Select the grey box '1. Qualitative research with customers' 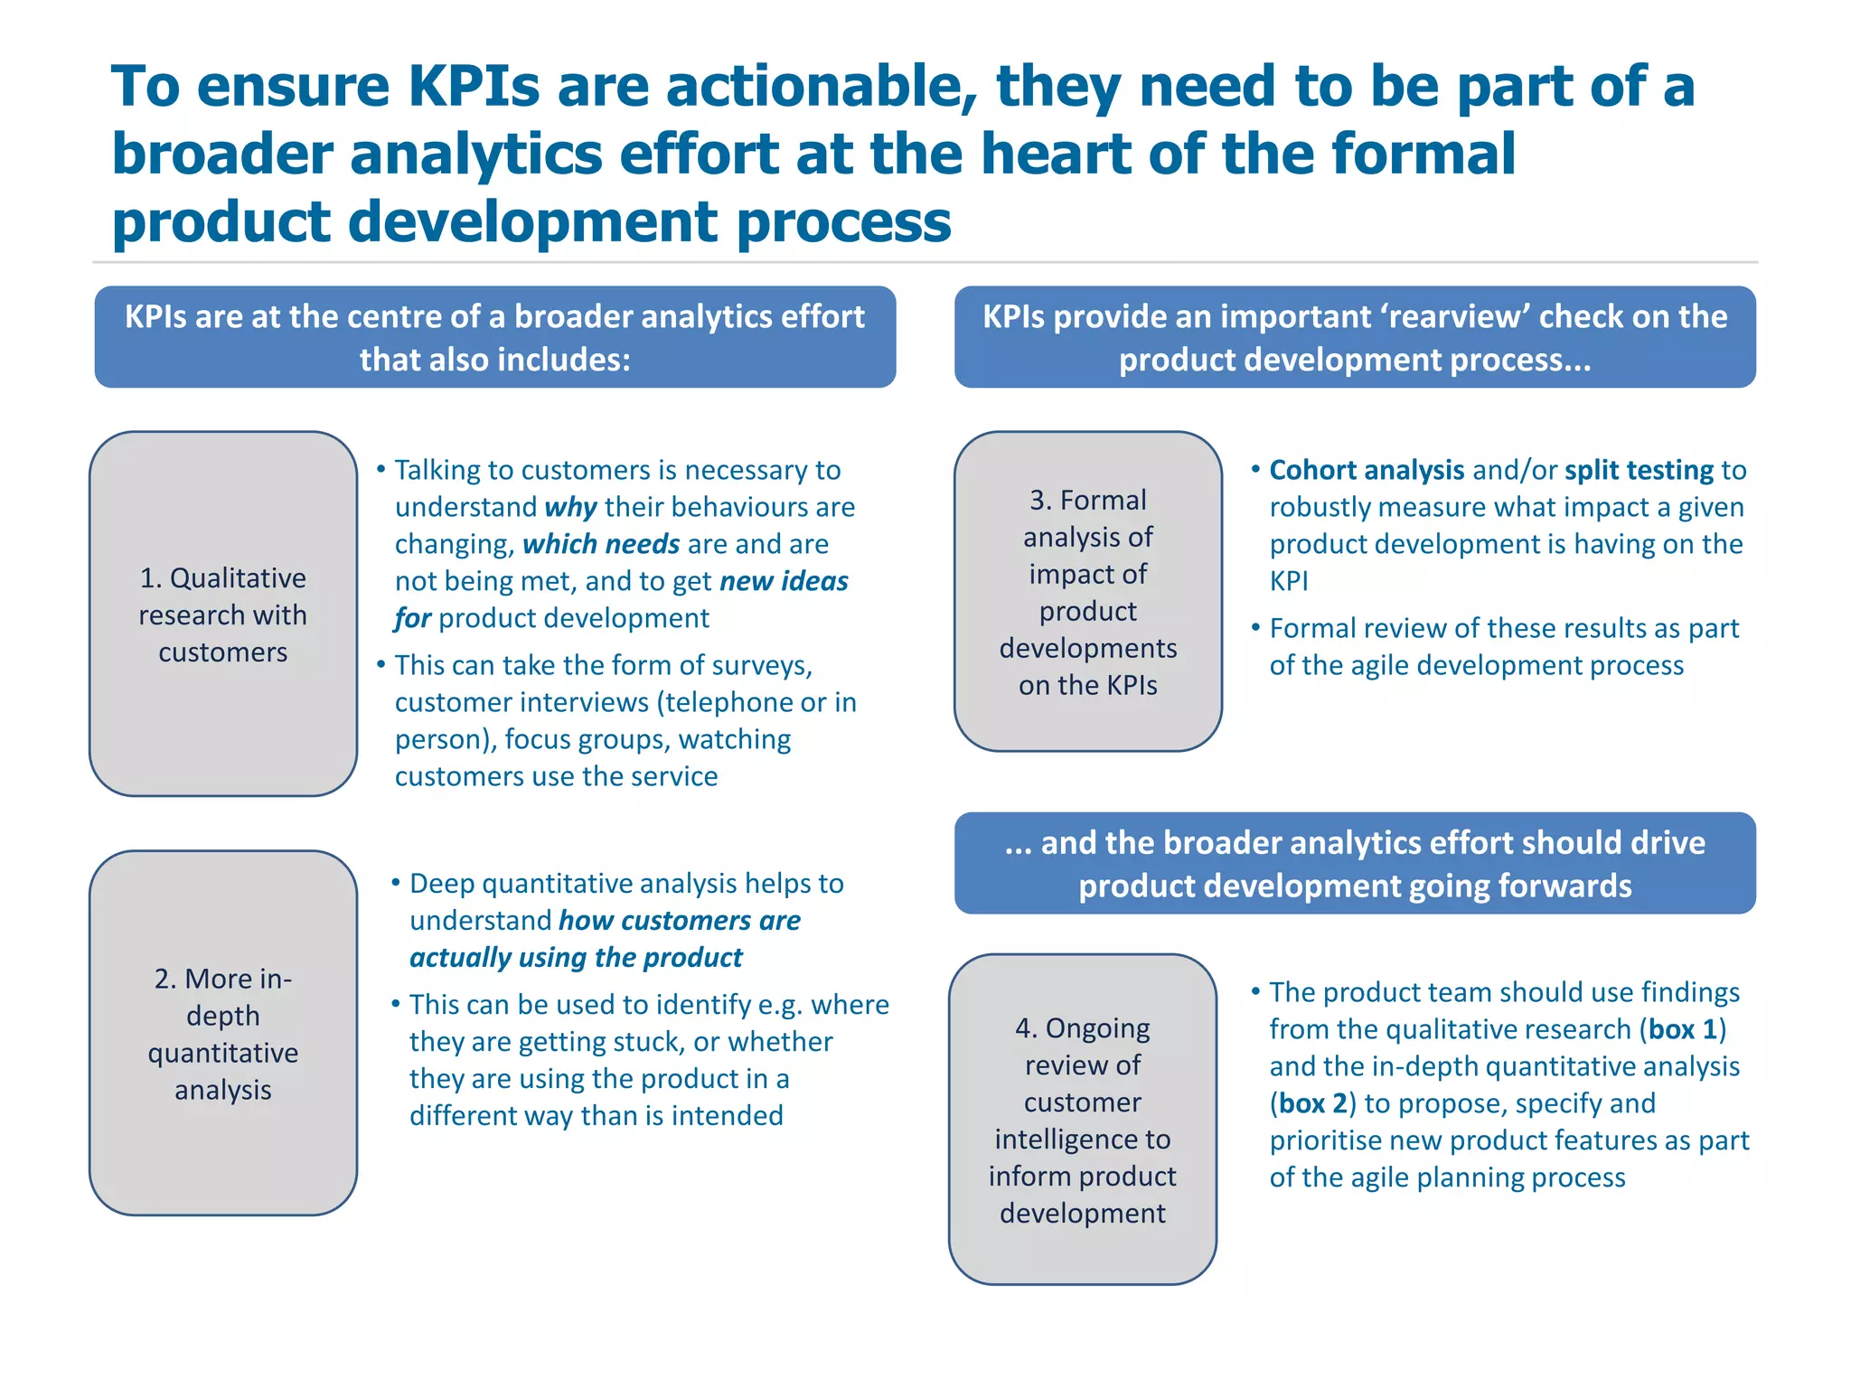tap(223, 614)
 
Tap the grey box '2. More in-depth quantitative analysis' tap(223, 1033)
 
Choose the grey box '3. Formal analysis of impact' tap(1088, 592)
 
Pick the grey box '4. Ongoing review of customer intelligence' tap(1083, 1120)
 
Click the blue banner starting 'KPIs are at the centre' tap(495, 338)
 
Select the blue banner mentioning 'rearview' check tap(1355, 338)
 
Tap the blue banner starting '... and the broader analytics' tap(1355, 864)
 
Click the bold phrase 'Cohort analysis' tap(1367, 470)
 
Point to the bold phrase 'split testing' tap(1639, 470)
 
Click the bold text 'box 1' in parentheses tap(1682, 1029)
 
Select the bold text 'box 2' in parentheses tap(1313, 1103)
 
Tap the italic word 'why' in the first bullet tap(571, 508)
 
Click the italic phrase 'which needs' tap(601, 544)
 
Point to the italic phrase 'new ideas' tap(784, 581)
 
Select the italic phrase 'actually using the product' tap(576, 958)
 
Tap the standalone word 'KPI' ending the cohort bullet tap(1289, 581)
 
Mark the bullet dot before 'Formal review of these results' tap(1255, 627)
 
